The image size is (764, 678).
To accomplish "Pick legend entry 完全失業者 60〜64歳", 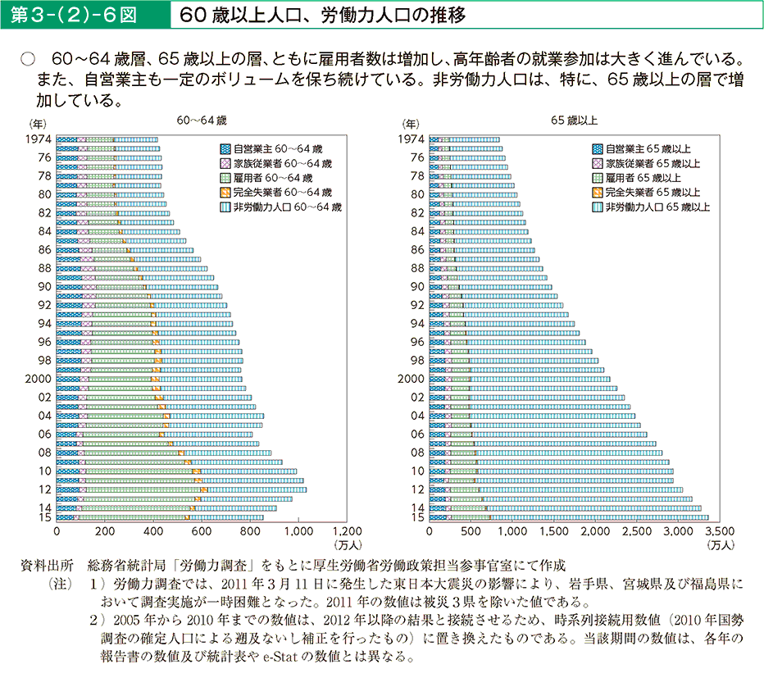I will pos(282,193).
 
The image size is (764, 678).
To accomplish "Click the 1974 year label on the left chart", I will pos(39,139).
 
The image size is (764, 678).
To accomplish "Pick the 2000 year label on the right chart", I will pos(410,379).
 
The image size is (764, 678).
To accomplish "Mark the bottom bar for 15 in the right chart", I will pos(568,517).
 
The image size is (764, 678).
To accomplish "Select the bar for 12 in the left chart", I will pos(181,489).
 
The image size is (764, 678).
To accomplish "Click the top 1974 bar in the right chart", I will pos(464,139).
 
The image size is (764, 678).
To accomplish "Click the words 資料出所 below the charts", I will pos(51,567).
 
